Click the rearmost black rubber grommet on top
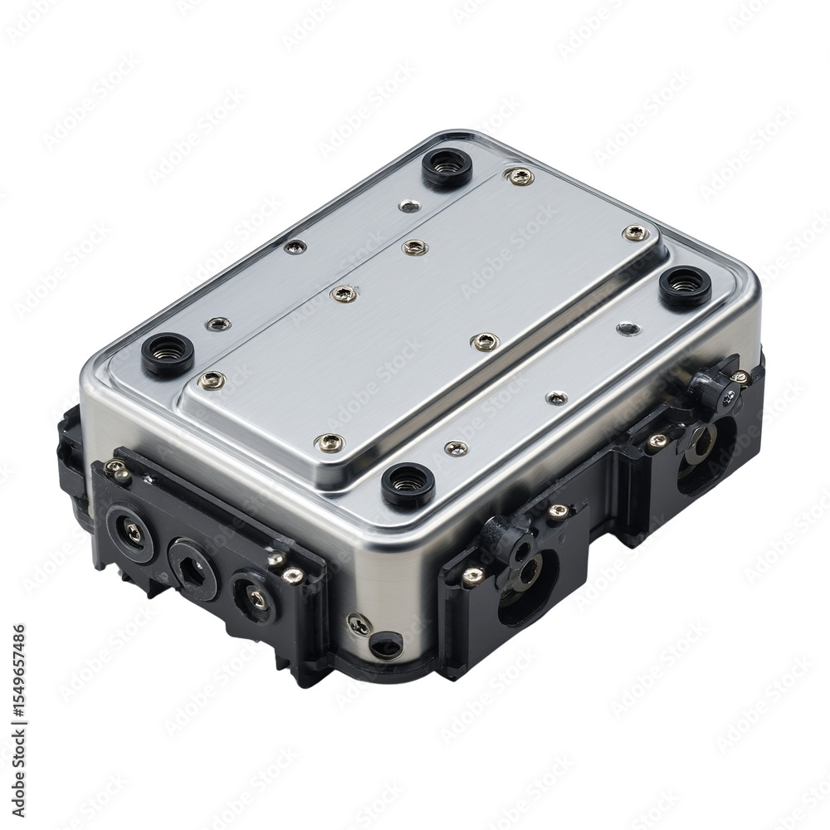[447, 167]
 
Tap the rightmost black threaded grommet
[685, 286]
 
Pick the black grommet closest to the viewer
[408, 484]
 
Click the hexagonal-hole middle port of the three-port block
[193, 568]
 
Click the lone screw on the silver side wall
[358, 625]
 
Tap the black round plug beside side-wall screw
[386, 644]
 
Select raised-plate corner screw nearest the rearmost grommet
[520, 176]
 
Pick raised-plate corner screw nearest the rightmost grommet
[635, 233]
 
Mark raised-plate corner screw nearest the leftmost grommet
[212, 380]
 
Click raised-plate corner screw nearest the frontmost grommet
[330, 442]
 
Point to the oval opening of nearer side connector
[525, 586]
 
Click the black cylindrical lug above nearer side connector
[505, 540]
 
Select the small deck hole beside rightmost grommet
[628, 329]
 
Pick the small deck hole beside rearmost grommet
[409, 205]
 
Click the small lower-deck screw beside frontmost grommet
[456, 448]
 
